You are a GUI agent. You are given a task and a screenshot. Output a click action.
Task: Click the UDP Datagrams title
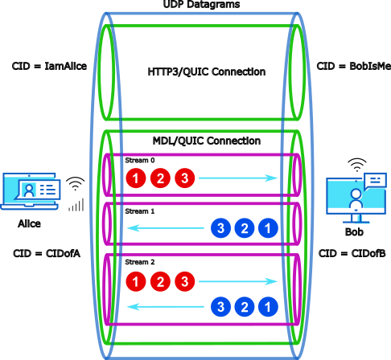pyautogui.click(x=195, y=6)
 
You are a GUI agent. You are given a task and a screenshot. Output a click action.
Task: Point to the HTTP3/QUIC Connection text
pyautogui.click(x=206, y=72)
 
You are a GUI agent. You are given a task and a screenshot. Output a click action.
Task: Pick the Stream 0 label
pyautogui.click(x=138, y=161)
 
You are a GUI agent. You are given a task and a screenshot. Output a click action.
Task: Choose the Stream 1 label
pyautogui.click(x=138, y=212)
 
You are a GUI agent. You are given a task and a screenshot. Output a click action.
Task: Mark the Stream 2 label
pyautogui.click(x=138, y=263)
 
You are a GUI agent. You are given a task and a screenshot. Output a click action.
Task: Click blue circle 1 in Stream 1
pyautogui.click(x=264, y=229)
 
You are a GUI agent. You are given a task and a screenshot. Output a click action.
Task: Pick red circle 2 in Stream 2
pyautogui.click(x=161, y=281)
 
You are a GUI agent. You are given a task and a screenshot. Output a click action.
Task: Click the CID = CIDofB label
pyautogui.click(x=353, y=254)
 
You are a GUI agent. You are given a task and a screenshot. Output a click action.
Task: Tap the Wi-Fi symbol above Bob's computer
pyautogui.click(x=355, y=166)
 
